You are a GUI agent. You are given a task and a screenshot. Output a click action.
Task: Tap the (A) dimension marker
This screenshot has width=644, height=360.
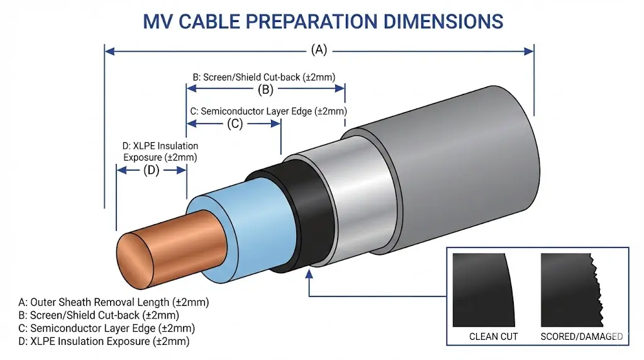(319, 50)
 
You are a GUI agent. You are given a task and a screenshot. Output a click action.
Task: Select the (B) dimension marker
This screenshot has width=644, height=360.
(265, 89)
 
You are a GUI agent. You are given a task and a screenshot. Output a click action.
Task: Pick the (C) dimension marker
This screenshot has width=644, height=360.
(233, 124)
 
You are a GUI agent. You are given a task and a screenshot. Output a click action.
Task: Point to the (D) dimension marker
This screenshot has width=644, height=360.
(151, 170)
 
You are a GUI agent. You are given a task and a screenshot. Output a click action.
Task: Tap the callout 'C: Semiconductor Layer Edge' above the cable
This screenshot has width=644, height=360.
(268, 111)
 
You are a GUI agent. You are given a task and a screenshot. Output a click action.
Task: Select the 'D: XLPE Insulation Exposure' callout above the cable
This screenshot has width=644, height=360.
(160, 152)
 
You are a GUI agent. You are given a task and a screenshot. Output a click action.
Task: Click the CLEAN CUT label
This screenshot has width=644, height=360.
(493, 337)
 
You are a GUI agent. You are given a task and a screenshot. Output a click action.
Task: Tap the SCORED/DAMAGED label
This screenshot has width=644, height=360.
(581, 337)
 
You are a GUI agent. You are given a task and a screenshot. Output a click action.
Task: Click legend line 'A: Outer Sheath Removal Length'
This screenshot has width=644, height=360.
(114, 301)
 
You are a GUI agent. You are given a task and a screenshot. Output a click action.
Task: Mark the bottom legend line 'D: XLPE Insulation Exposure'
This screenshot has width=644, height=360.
(104, 342)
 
